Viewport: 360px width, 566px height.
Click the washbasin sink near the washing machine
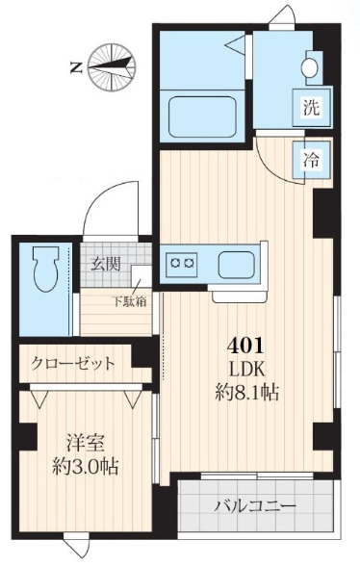[310, 67]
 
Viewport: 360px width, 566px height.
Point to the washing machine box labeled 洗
[310, 108]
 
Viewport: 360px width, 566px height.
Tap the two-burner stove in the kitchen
[182, 261]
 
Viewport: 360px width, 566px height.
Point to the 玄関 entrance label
[106, 261]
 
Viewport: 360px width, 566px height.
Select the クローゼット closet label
[72, 363]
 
